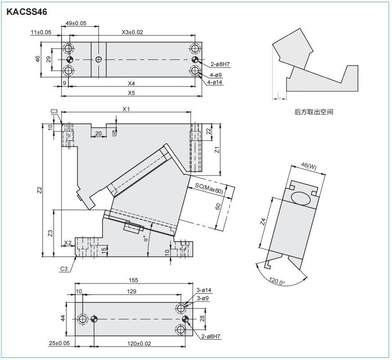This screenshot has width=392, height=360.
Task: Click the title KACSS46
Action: click(27, 12)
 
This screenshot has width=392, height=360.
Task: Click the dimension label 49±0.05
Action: click(76, 23)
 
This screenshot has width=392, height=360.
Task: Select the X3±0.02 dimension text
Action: click(132, 32)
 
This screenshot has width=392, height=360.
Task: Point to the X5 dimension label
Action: click(131, 93)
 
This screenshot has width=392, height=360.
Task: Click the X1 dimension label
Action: click(126, 109)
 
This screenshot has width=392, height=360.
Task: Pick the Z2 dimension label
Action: click(39, 189)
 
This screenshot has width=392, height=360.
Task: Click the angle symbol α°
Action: click(145, 238)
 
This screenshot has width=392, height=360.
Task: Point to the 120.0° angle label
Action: click(277, 283)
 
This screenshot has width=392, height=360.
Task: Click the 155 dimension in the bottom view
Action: click(133, 280)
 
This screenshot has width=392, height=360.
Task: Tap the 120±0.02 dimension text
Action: click(139, 343)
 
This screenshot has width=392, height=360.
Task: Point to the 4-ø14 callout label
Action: click(215, 82)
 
